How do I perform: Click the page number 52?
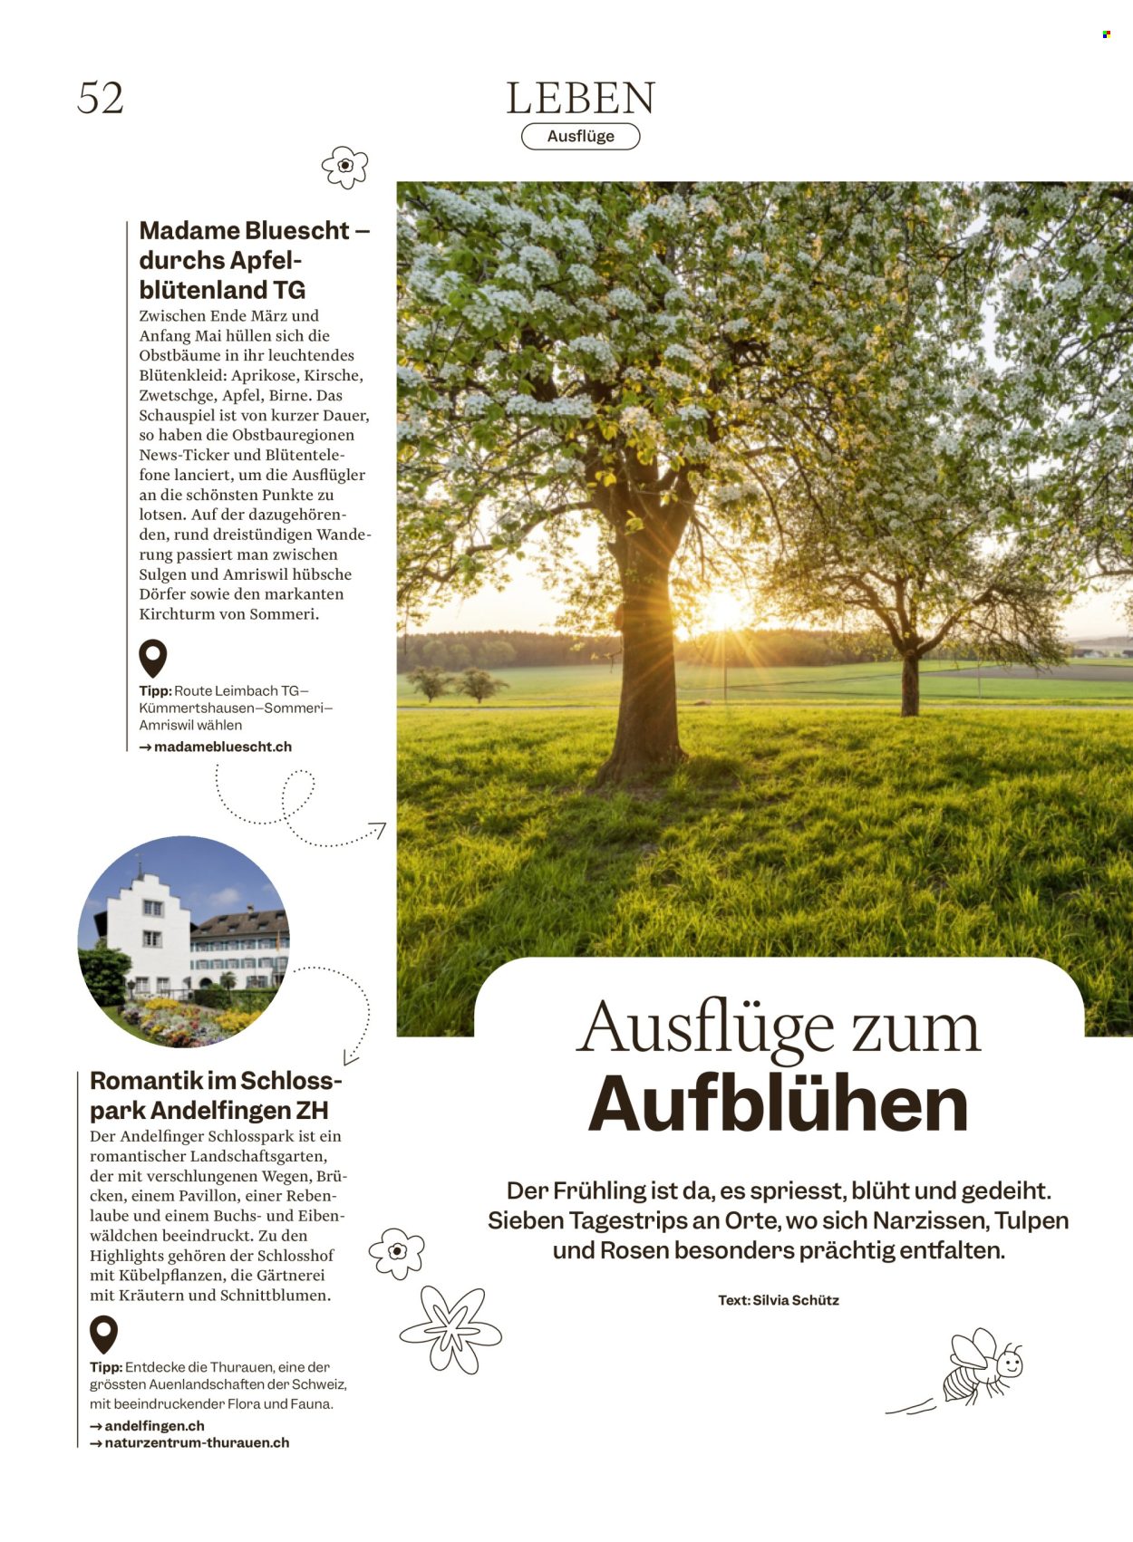(x=101, y=98)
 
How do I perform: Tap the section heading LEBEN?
(x=580, y=99)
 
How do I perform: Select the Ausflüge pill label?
(x=580, y=137)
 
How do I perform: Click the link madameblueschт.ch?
(x=222, y=747)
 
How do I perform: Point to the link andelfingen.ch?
(x=154, y=1426)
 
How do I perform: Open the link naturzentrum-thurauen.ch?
(x=197, y=1443)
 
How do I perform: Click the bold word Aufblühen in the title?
(x=778, y=1105)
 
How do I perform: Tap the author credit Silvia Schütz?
(x=795, y=1301)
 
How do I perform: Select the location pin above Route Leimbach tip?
(x=152, y=658)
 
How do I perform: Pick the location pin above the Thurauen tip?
(x=103, y=1335)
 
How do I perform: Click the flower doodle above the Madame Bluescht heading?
(x=344, y=167)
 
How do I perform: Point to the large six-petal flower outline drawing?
(x=450, y=1329)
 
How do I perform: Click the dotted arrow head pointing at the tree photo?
(x=378, y=829)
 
